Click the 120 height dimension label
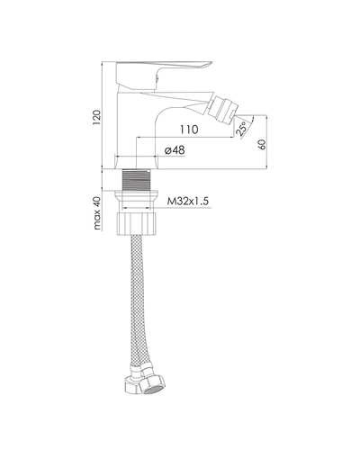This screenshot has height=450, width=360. click(x=97, y=117)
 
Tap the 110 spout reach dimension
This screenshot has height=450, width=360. click(x=189, y=130)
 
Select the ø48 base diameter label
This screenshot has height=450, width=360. click(x=175, y=150)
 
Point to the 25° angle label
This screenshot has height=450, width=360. click(x=242, y=129)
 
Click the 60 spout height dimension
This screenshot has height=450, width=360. click(x=262, y=144)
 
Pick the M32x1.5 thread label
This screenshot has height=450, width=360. click(x=187, y=201)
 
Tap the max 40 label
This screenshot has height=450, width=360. click(x=97, y=213)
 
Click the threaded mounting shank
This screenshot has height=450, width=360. click(x=137, y=179)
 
